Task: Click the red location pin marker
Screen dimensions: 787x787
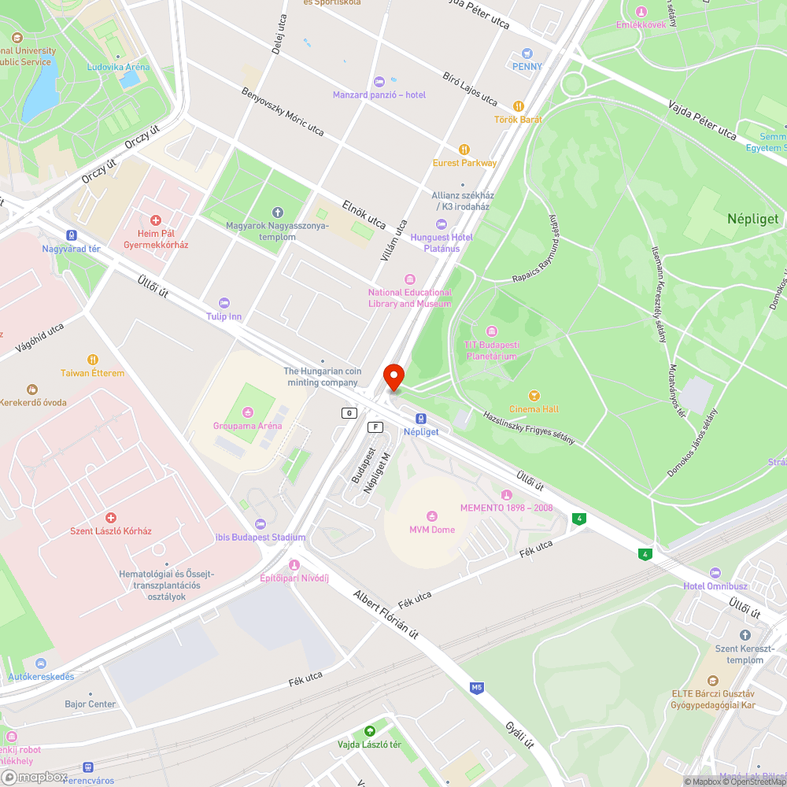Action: tap(393, 376)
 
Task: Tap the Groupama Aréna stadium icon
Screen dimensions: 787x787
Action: tap(248, 412)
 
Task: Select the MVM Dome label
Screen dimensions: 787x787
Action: tap(432, 530)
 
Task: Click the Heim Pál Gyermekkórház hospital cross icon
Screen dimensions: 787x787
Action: tap(156, 220)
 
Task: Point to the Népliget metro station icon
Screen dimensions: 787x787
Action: tap(421, 419)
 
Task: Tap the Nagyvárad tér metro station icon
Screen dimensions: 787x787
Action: tap(72, 235)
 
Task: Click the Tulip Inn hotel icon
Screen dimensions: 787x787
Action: tap(224, 303)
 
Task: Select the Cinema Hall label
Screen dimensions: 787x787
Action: tap(534, 409)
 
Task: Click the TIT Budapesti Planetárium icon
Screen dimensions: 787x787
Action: tap(492, 331)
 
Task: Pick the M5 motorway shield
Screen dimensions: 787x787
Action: tap(476, 688)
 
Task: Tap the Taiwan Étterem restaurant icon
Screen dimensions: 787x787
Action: tap(93, 360)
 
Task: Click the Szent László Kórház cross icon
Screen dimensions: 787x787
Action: tap(111, 517)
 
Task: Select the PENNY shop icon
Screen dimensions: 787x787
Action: tap(527, 53)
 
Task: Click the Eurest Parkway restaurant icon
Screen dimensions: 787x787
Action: tap(464, 150)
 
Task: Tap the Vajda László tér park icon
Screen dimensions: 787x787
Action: tap(369, 731)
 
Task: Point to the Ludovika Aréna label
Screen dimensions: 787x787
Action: tap(117, 67)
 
